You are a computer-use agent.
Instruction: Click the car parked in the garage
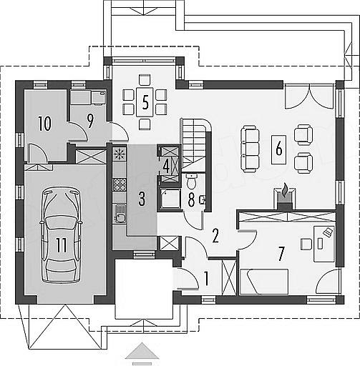62,235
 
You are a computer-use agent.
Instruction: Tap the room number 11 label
62,245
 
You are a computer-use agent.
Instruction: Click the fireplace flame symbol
285,190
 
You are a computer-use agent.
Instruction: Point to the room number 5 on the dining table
145,102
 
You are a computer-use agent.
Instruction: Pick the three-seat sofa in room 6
250,149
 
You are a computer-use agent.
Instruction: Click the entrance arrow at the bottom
142,350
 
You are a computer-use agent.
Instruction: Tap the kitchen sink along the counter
120,214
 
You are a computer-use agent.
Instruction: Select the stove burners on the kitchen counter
120,184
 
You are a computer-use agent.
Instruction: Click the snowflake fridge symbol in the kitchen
120,154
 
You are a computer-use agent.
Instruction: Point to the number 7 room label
281,254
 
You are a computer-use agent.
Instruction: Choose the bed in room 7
264,282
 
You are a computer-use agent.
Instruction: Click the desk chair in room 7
306,244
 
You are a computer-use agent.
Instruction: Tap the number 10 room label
44,124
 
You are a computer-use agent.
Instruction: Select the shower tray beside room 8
170,198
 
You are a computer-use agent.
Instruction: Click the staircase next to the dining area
195,145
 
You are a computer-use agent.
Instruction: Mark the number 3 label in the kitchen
142,199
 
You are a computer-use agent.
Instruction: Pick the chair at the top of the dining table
145,80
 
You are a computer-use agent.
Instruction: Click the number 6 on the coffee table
278,149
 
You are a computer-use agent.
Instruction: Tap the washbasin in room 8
203,199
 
